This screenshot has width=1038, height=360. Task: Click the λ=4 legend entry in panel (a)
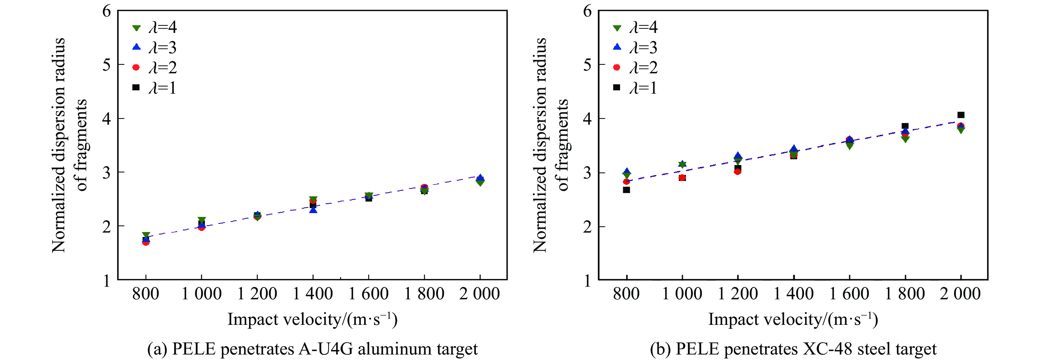(155, 27)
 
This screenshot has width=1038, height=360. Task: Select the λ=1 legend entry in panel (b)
(635, 88)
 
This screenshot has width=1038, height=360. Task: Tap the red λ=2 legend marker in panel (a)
(136, 67)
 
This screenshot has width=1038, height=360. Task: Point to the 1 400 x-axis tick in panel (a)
(313, 294)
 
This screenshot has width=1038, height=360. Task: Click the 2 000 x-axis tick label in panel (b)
(960, 294)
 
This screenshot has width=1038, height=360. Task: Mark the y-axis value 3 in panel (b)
(587, 172)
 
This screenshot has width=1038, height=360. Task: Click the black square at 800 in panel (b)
(626, 190)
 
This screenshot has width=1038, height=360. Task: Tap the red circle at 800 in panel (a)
(146, 242)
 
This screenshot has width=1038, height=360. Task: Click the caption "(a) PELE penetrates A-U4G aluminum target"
(312, 349)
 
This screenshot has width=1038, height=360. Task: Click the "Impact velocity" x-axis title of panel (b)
(793, 319)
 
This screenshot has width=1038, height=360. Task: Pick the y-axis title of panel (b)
(550, 145)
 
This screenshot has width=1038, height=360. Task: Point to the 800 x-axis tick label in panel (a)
(146, 294)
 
